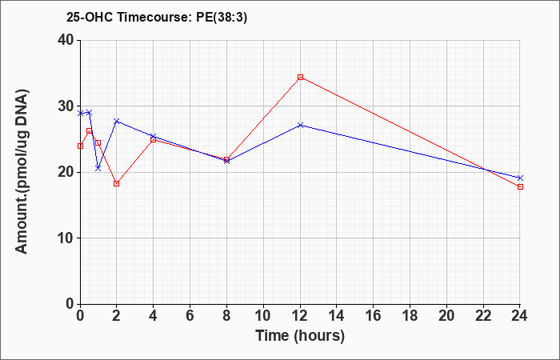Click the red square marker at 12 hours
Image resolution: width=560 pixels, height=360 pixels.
(x=300, y=77)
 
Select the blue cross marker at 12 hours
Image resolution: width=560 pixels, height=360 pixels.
(x=300, y=125)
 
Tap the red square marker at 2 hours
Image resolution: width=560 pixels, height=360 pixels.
(x=117, y=183)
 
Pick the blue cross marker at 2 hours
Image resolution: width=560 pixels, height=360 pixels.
(x=117, y=122)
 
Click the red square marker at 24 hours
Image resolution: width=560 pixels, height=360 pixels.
(x=520, y=186)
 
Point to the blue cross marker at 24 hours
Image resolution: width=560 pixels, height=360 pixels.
(x=520, y=178)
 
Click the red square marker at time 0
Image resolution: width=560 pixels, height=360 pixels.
(x=80, y=146)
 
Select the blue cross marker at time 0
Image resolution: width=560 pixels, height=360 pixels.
(x=80, y=114)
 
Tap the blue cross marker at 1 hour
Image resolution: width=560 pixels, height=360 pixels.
(x=98, y=168)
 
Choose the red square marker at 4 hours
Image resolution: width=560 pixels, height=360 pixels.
(x=154, y=140)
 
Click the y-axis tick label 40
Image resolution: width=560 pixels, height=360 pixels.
(x=66, y=40)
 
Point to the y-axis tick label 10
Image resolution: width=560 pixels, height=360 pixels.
(x=66, y=238)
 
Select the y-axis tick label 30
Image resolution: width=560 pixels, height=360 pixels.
(x=66, y=106)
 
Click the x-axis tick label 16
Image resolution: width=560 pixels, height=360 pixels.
(x=374, y=316)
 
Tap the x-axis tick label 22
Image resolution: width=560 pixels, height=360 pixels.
(x=483, y=316)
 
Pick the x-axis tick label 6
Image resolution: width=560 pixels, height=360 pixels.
(x=190, y=316)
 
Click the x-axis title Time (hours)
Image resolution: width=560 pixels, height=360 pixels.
(x=300, y=336)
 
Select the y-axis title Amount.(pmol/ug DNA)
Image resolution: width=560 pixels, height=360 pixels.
(x=22, y=172)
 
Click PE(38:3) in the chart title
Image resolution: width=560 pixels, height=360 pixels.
(x=222, y=18)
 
